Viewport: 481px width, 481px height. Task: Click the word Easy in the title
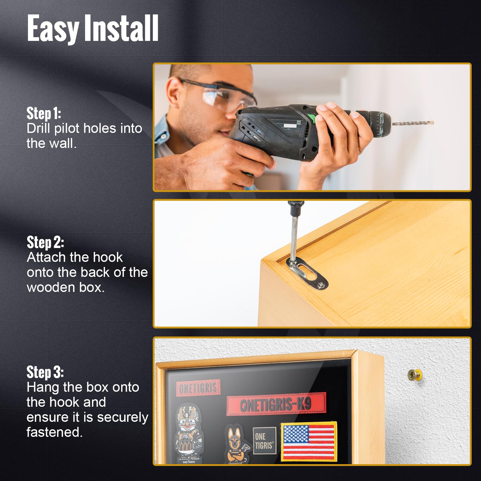click(x=53, y=29)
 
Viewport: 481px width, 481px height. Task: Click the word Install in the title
click(x=121, y=29)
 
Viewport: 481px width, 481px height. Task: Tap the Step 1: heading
click(x=44, y=113)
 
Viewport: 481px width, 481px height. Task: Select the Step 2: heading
click(x=45, y=242)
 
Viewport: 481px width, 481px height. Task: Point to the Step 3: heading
click(x=45, y=372)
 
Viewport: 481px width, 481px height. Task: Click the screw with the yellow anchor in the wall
click(x=414, y=375)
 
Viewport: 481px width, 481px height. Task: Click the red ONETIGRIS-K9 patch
click(x=276, y=404)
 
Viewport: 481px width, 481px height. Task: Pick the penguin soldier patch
click(x=188, y=433)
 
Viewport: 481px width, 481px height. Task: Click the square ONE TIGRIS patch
click(x=264, y=441)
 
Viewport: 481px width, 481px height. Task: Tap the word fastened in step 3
click(x=54, y=432)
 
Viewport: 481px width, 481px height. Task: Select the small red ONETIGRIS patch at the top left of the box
click(x=198, y=388)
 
